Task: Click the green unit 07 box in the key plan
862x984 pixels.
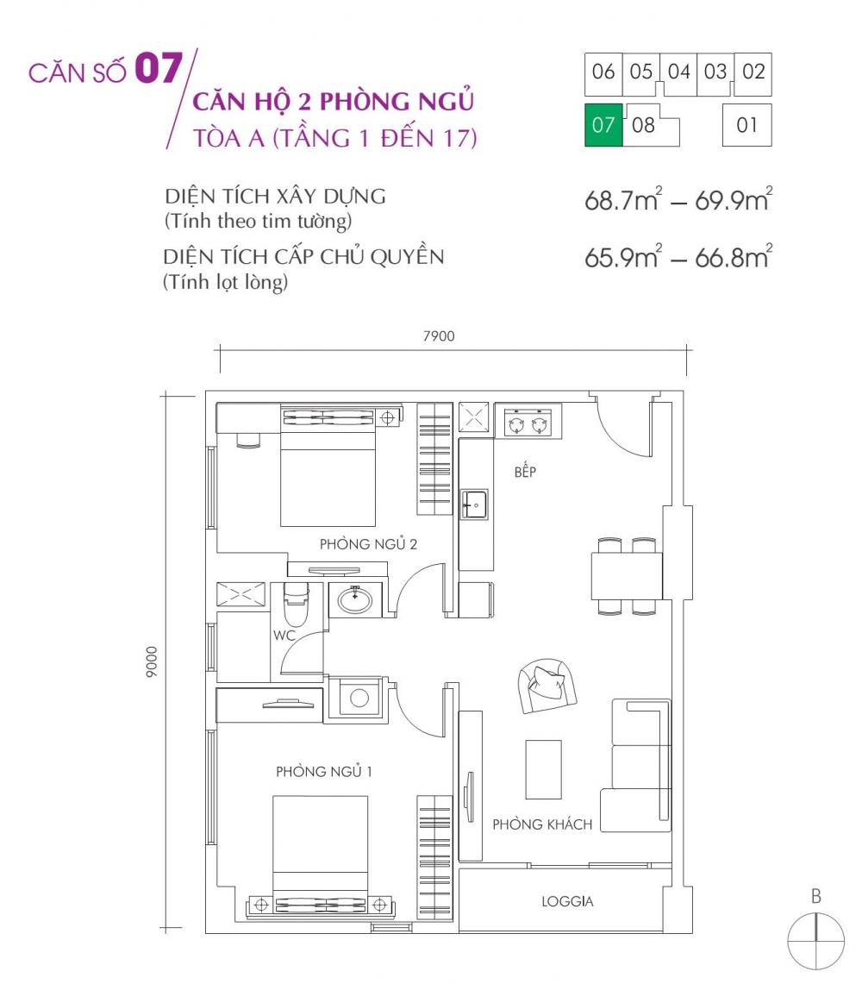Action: (603, 125)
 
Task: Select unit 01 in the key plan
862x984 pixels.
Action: (746, 125)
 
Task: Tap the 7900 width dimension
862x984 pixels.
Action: (439, 335)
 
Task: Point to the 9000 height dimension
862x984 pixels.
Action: (153, 661)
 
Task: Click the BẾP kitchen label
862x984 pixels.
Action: (525, 472)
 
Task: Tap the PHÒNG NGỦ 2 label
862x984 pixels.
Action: (368, 544)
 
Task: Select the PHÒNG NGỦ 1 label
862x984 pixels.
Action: (323, 771)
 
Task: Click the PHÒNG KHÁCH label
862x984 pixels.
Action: (542, 824)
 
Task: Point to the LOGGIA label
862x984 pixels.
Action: (567, 902)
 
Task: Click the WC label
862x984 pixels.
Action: (284, 636)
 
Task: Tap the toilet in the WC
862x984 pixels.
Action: (294, 603)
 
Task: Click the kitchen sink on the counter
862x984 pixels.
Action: (474, 504)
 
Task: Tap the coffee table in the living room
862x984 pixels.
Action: (543, 769)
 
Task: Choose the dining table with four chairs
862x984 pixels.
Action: (627, 576)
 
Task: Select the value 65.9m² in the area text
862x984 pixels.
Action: (619, 258)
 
